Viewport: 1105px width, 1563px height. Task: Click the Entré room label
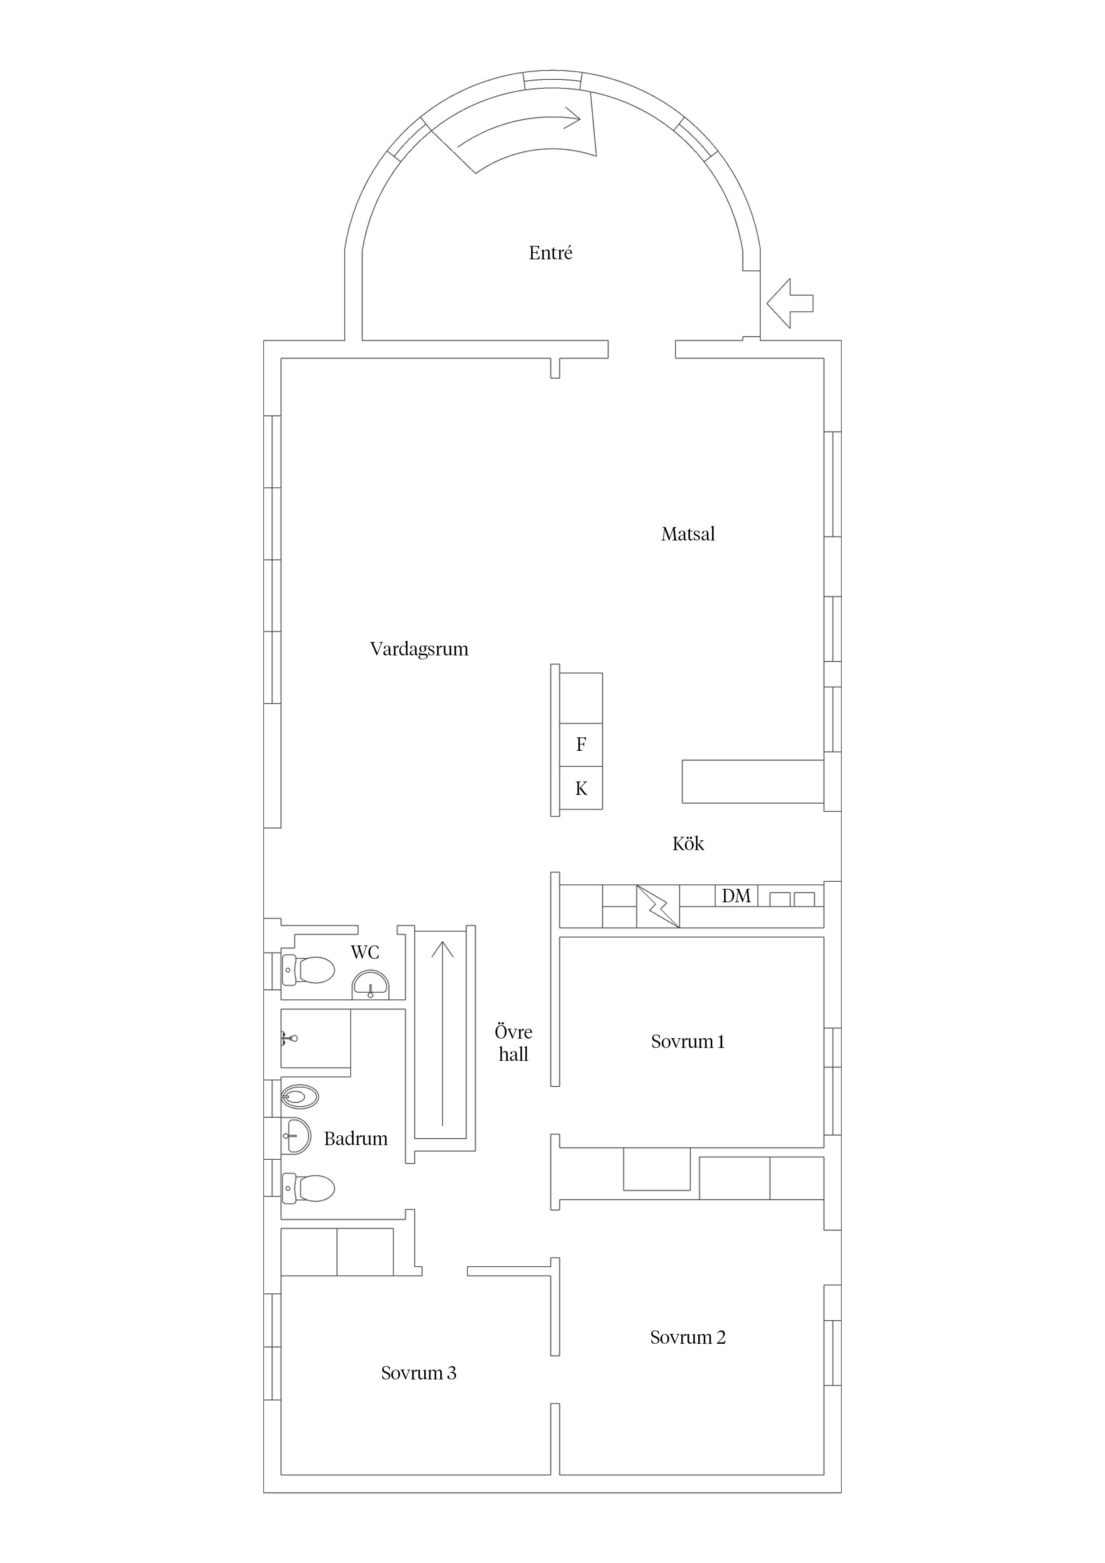pos(550,253)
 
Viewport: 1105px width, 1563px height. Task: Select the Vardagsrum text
pos(419,650)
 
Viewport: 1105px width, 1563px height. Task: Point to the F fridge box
pos(581,745)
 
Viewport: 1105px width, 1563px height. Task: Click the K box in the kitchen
pos(581,788)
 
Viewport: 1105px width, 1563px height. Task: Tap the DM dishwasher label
pos(736,896)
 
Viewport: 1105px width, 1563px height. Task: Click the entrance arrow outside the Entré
pos(790,303)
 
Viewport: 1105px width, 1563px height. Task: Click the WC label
pos(365,952)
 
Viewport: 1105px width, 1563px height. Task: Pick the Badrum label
pos(356,1139)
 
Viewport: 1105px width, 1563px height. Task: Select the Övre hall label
pos(513,1043)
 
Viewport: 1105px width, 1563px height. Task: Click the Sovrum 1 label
pos(688,1042)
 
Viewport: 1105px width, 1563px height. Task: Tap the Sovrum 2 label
pos(688,1338)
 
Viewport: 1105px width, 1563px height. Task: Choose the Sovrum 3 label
pos(419,1374)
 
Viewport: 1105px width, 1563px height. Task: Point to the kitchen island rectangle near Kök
pos(752,781)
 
